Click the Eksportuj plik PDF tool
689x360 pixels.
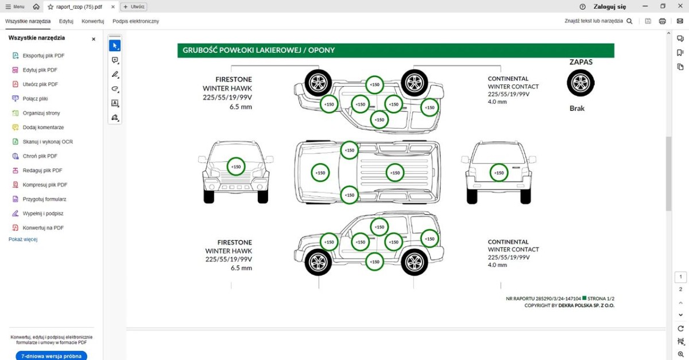coord(43,56)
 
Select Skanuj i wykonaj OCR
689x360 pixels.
coord(47,142)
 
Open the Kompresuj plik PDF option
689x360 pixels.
coord(45,185)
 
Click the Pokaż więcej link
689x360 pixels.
coord(23,239)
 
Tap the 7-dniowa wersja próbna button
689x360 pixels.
coord(51,356)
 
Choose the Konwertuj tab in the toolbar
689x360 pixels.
coord(92,21)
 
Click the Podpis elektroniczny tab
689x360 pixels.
coord(136,21)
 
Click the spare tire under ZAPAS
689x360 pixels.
coord(580,83)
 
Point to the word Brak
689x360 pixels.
coord(577,109)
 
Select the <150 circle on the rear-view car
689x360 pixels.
coord(499,172)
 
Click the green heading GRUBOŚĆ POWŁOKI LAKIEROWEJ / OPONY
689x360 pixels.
coord(258,51)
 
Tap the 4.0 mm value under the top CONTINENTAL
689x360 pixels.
coord(497,102)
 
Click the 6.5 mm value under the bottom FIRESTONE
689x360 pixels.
coord(241,268)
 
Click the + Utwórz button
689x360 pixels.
coord(134,7)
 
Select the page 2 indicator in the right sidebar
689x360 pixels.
coord(680,289)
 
